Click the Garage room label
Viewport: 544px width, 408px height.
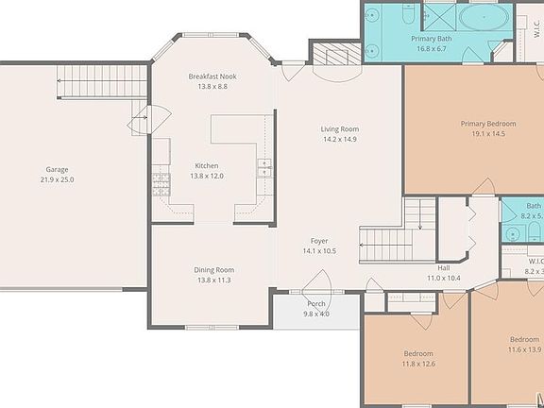point(57,168)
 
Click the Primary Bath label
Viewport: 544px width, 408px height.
point(430,39)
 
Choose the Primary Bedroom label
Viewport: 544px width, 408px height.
point(488,123)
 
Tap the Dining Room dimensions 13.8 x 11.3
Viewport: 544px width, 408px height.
point(212,280)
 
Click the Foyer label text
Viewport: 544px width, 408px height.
point(319,241)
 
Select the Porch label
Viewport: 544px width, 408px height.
point(315,303)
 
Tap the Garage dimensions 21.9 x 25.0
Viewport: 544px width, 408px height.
point(57,179)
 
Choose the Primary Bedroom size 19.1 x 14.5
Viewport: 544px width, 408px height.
point(488,133)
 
